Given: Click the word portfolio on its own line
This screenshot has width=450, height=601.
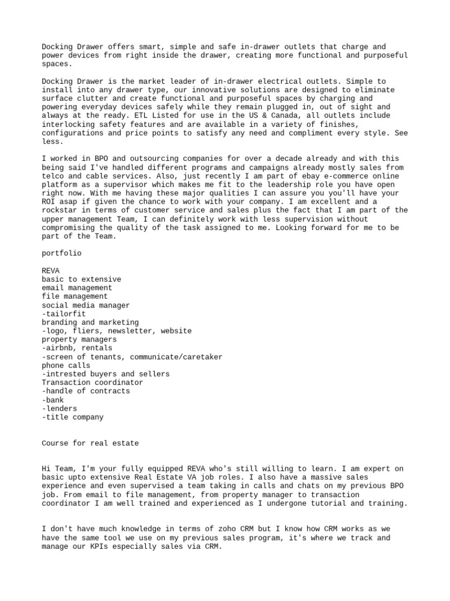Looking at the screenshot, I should [62, 254].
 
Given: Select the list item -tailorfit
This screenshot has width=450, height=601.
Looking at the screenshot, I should [64, 314].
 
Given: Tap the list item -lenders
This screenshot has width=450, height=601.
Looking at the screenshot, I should [59, 408].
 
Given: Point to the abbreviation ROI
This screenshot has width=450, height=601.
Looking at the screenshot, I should [49, 201].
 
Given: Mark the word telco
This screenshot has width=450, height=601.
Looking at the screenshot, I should [53, 175].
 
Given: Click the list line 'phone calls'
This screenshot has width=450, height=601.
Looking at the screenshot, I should [66, 366].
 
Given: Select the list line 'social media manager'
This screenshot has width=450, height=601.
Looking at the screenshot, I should [86, 305].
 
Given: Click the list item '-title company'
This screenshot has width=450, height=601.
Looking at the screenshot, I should [73, 417].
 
